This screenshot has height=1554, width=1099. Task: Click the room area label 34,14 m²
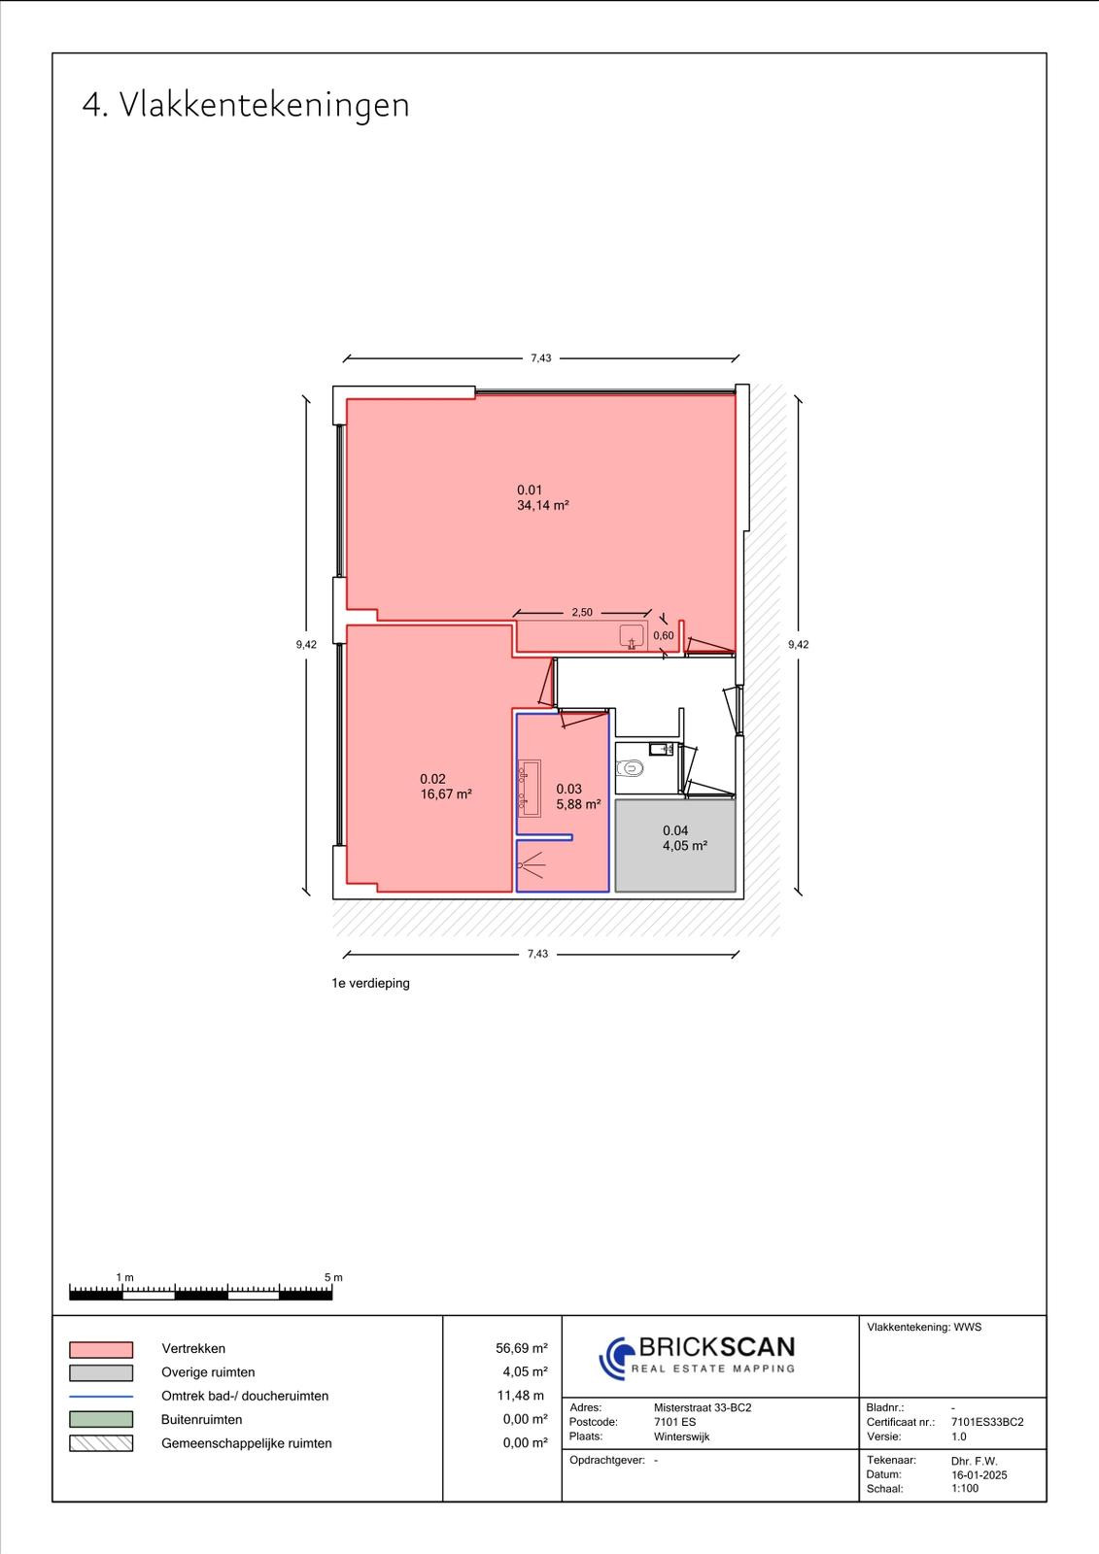pyautogui.click(x=543, y=506)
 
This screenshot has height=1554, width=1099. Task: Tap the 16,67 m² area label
pyautogui.click(x=446, y=794)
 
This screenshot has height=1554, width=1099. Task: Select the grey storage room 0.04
pyautogui.click(x=674, y=846)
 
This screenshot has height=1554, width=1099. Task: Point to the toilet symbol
pyautogui.click(x=630, y=768)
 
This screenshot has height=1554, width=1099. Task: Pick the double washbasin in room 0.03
pyautogui.click(x=529, y=788)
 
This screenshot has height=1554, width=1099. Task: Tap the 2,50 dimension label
pyautogui.click(x=582, y=612)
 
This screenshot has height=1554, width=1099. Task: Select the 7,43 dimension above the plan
pyautogui.click(x=541, y=358)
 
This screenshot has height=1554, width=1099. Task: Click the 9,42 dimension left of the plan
pyautogui.click(x=306, y=645)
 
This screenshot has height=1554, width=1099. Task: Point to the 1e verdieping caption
pyautogui.click(x=371, y=983)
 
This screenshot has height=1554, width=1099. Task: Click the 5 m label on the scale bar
pyautogui.click(x=333, y=1277)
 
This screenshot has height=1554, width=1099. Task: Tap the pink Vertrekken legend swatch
pyautogui.click(x=101, y=1349)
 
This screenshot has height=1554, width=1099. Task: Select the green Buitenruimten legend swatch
pyautogui.click(x=101, y=1419)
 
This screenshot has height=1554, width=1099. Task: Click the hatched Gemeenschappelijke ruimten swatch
pyautogui.click(x=101, y=1443)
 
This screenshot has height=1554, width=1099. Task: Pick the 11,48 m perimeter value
pyautogui.click(x=524, y=1396)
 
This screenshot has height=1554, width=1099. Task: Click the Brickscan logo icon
pyautogui.click(x=616, y=1359)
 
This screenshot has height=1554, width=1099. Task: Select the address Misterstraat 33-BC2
pyautogui.click(x=703, y=1407)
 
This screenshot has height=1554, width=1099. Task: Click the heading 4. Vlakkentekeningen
pyautogui.click(x=246, y=106)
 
